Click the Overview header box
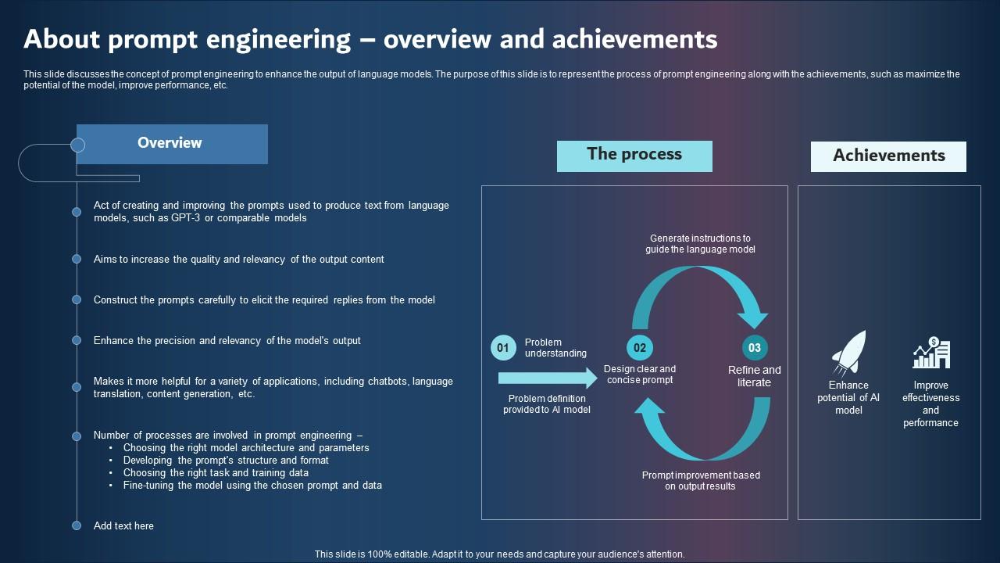click(x=172, y=144)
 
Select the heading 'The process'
click(x=634, y=156)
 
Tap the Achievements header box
click(x=888, y=156)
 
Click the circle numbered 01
click(x=503, y=348)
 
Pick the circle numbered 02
click(x=640, y=348)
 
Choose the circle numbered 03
click(x=755, y=348)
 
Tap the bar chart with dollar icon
click(x=930, y=354)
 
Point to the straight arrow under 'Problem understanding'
click(x=547, y=379)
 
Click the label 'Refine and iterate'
click(x=754, y=376)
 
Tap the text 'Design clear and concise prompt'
click(x=640, y=375)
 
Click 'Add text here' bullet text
click(x=123, y=526)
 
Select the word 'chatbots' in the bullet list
click(x=388, y=382)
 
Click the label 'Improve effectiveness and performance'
click(x=930, y=403)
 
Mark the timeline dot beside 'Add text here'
click(x=77, y=526)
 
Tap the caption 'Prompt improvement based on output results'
click(x=701, y=480)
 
